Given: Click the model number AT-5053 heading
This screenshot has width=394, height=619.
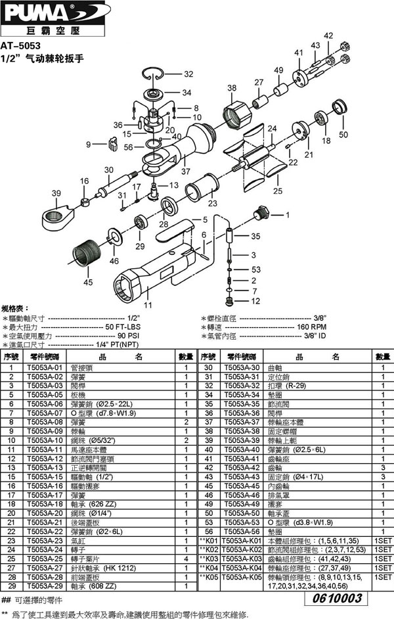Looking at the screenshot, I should point(21,47).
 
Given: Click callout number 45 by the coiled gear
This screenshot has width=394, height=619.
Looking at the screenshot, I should point(87,283).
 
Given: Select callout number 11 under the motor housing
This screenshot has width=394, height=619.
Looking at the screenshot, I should point(148,306).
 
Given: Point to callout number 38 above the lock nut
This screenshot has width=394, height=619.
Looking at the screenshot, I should point(231,88).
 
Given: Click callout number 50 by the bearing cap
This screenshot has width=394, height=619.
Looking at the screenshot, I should point(342,134).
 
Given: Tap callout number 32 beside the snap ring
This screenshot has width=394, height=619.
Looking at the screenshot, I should point(188,74).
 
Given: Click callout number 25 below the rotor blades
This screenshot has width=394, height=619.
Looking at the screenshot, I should point(278,191).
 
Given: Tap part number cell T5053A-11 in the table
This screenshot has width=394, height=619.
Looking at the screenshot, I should point(44,449).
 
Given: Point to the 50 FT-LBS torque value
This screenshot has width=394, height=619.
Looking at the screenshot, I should point(125,326).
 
